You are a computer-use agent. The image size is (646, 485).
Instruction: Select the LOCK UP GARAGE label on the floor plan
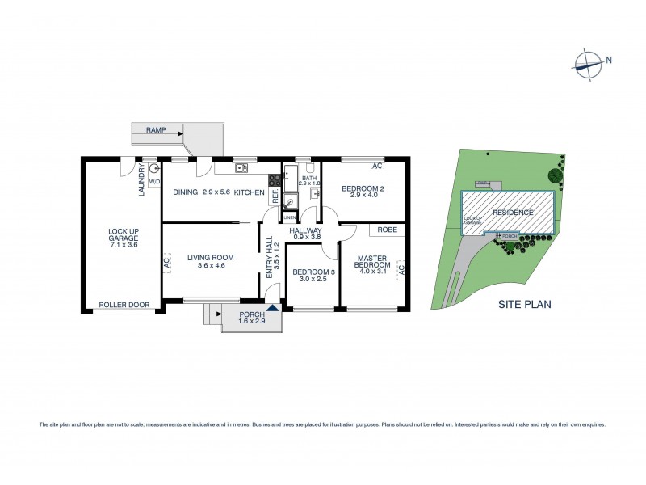coord(124,235)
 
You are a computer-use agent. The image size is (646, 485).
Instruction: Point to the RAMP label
coord(156,129)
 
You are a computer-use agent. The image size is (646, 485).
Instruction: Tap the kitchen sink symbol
coord(241,168)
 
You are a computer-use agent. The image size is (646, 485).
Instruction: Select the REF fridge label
coord(275,195)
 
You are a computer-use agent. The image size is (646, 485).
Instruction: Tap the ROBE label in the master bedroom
coord(388,230)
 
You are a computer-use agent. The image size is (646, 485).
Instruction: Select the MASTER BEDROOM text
coord(371,264)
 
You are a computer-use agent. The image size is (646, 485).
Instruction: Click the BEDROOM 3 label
coord(312,275)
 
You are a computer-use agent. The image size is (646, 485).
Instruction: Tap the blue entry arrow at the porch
coord(273,306)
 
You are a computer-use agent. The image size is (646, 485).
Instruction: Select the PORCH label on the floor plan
coord(250,318)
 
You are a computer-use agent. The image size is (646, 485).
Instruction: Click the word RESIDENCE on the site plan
coord(514,213)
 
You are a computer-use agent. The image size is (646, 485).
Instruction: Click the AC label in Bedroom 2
coord(375,166)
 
